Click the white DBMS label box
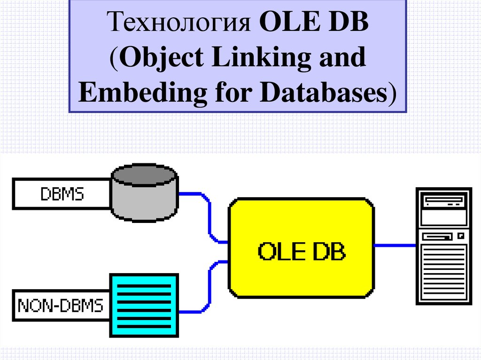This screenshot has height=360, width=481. click(62, 193)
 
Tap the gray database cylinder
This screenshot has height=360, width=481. click(144, 197)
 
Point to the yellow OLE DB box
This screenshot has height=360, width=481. click(301, 249)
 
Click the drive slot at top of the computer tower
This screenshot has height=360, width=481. click(444, 201)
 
